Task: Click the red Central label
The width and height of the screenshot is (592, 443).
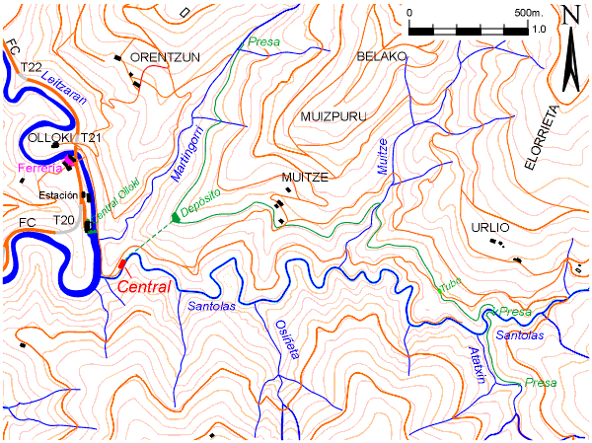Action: click(145, 286)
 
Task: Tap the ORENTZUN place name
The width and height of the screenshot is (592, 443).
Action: click(165, 57)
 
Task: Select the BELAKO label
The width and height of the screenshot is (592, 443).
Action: click(382, 57)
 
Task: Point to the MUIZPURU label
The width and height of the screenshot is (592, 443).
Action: click(333, 116)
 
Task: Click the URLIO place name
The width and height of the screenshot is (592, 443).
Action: click(490, 227)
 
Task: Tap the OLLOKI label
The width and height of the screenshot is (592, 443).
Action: click(50, 137)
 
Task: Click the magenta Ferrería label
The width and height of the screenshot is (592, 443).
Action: click(40, 169)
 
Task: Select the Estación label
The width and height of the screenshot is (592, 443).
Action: click(58, 196)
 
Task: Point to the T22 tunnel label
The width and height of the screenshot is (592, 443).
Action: click(31, 67)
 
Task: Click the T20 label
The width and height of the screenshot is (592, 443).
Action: click(64, 219)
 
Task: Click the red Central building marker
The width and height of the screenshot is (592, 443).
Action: click(122, 263)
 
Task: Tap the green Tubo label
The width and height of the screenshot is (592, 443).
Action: click(449, 285)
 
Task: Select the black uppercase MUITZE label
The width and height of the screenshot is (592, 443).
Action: click(304, 178)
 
